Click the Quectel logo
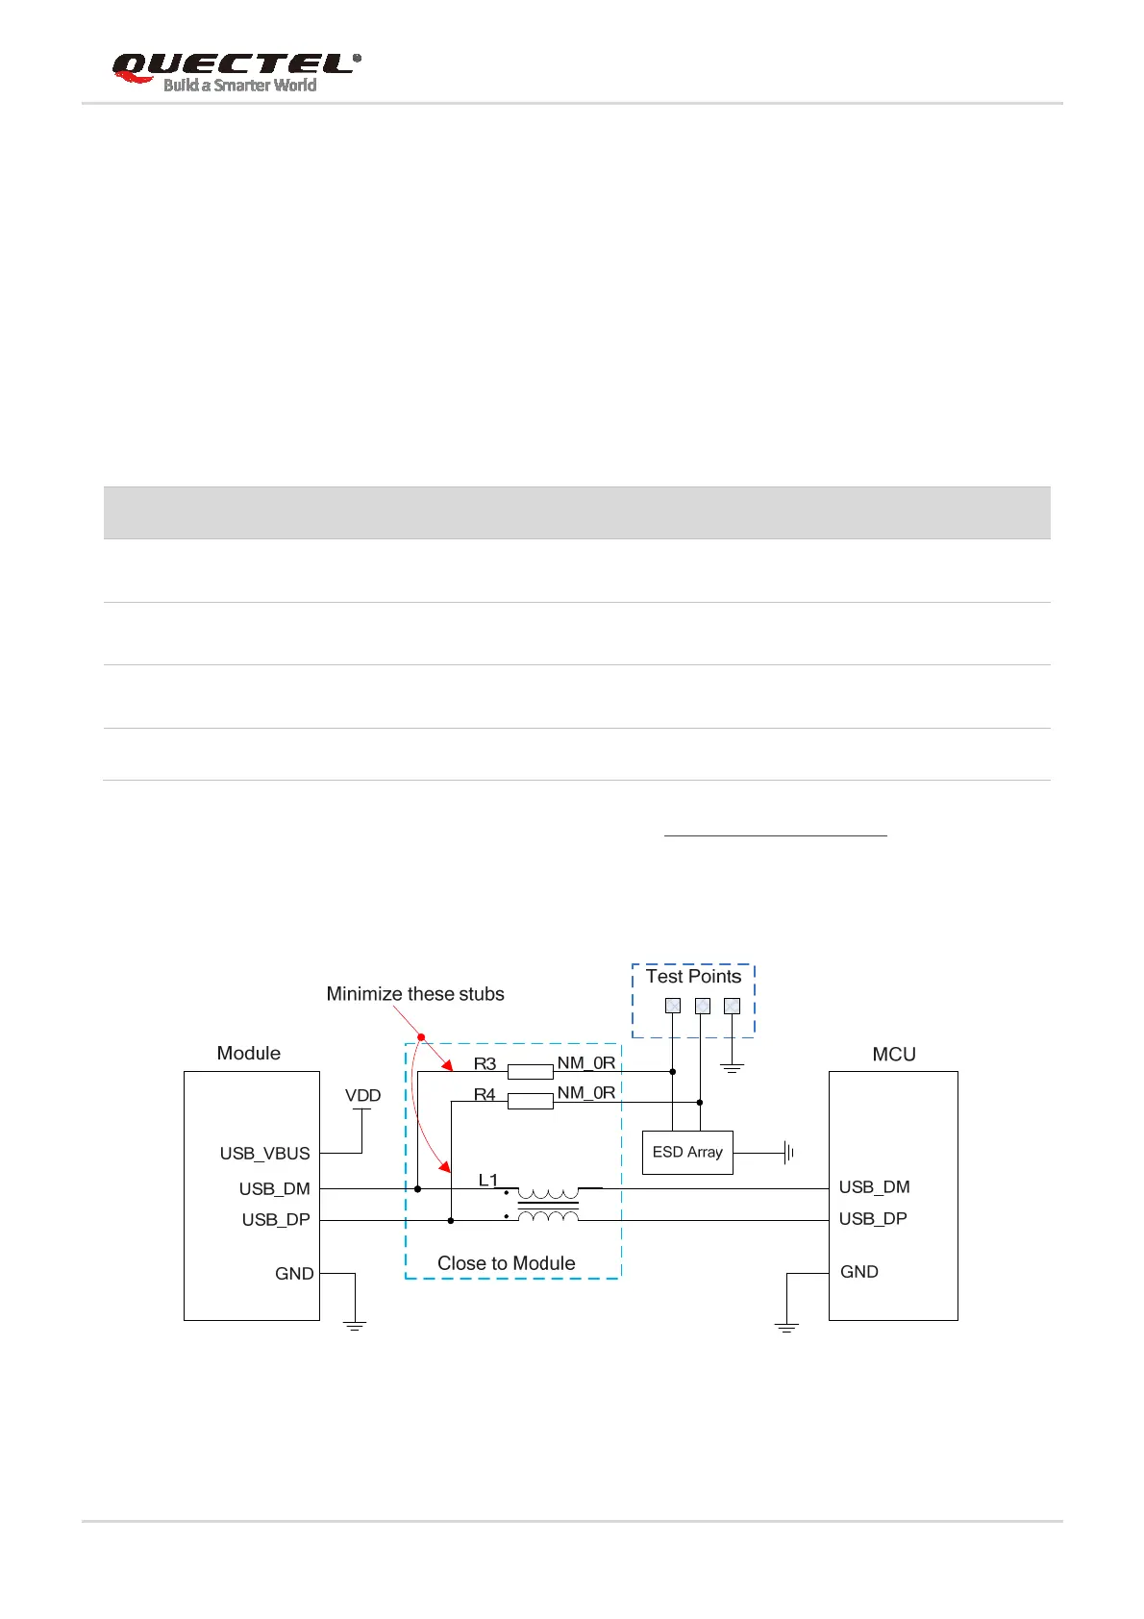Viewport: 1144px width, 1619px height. pyautogui.click(x=236, y=72)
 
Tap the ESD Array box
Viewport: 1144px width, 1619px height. pyautogui.click(x=687, y=1152)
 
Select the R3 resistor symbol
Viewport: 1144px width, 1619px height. pyautogui.click(x=530, y=1071)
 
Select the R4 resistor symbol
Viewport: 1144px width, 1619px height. pyautogui.click(x=530, y=1101)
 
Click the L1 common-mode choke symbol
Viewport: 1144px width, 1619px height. pyautogui.click(x=548, y=1204)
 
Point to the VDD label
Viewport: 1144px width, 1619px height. pyautogui.click(x=362, y=1095)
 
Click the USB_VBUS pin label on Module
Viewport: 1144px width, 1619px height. pyautogui.click(x=264, y=1154)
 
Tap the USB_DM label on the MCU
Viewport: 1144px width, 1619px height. pyautogui.click(x=874, y=1187)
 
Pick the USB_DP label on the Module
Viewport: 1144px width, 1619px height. pyautogui.click(x=276, y=1219)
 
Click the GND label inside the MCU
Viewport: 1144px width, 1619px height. pyautogui.click(x=858, y=1272)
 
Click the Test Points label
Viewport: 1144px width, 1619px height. pyautogui.click(x=693, y=977)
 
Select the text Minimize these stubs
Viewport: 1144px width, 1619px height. pyautogui.click(x=415, y=994)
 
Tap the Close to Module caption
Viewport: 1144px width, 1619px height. pyautogui.click(x=506, y=1263)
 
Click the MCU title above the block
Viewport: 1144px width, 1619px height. pyautogui.click(x=893, y=1054)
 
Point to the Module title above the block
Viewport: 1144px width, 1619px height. pyautogui.click(x=248, y=1053)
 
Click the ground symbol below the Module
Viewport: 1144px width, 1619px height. pyautogui.click(x=355, y=1326)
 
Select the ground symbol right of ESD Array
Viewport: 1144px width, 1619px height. pyautogui.click(x=788, y=1152)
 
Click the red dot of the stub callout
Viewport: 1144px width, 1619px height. pyautogui.click(x=421, y=1036)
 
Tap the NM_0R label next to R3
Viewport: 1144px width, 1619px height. pyautogui.click(x=585, y=1062)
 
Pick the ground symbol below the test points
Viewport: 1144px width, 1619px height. pyautogui.click(x=733, y=1068)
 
